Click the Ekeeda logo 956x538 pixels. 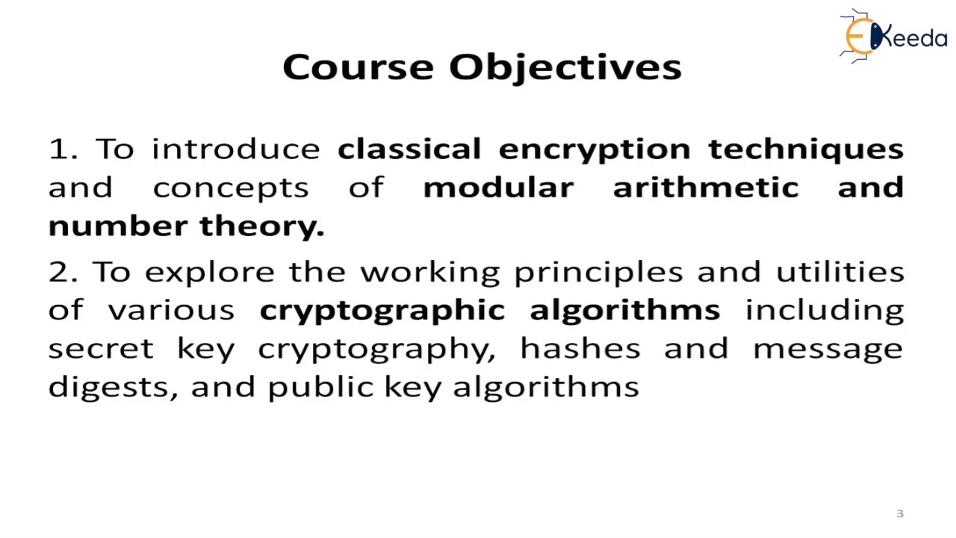[x=893, y=35]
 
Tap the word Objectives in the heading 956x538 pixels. [x=565, y=68]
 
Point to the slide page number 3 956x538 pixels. [x=899, y=513]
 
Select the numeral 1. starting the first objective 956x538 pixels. [x=63, y=149]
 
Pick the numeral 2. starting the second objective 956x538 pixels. [x=63, y=272]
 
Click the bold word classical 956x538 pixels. [x=409, y=149]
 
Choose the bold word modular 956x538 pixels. [x=498, y=188]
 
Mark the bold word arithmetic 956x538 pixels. [x=706, y=188]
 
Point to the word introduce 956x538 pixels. [x=236, y=149]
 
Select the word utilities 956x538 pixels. [x=840, y=272]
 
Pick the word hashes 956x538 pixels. [x=580, y=349]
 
